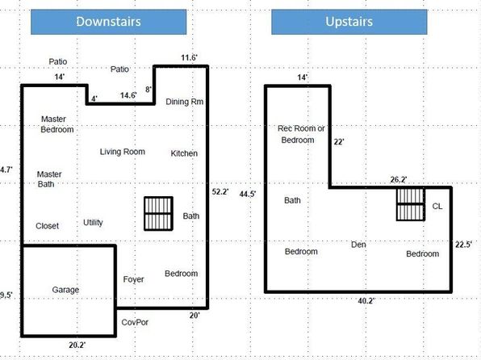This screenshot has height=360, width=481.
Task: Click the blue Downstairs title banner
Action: [109, 22]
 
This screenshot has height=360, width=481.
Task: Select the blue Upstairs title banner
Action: [349, 22]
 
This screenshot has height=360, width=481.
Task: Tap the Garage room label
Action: [65, 290]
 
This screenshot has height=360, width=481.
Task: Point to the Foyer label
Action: [133, 279]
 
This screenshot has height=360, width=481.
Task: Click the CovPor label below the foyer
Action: [135, 322]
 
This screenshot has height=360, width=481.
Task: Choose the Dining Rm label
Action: [185, 102]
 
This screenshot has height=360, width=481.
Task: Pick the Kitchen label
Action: [184, 153]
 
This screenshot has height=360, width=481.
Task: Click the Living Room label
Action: [123, 152]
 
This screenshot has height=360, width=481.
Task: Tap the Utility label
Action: [93, 223]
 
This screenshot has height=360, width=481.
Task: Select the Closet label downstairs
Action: [48, 226]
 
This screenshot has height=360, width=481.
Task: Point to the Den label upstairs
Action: [358, 245]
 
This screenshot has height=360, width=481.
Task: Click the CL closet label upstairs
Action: [437, 207]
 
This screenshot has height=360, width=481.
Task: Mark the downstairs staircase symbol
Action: [159, 214]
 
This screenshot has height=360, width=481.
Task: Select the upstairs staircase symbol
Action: [411, 204]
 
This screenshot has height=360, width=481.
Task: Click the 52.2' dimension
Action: [220, 192]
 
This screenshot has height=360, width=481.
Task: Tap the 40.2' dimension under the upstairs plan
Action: [366, 301]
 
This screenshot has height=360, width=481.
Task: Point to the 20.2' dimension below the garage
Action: [77, 345]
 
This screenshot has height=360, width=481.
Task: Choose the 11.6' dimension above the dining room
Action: [190, 57]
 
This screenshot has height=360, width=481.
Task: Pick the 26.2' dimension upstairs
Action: [399, 179]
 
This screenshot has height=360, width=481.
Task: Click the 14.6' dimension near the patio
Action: [128, 95]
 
